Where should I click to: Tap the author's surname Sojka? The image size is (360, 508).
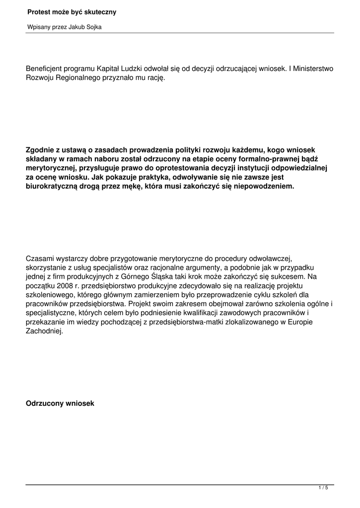coord(93,27)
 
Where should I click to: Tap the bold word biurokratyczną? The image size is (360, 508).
coord(53,187)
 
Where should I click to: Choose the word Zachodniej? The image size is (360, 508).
coord(44,332)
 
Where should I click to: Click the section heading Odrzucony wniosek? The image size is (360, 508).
coord(60,403)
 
